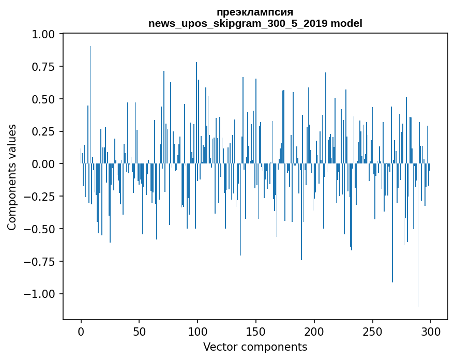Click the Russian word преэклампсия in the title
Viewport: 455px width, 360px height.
click(x=255, y=12)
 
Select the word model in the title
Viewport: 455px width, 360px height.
click(x=346, y=23)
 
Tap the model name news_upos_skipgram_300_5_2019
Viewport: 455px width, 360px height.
click(x=238, y=24)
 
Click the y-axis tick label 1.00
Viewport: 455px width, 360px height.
click(x=43, y=34)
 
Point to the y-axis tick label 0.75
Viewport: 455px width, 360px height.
click(x=43, y=67)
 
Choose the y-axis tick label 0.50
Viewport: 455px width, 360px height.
click(x=43, y=99)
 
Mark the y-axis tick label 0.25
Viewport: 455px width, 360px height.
click(x=43, y=131)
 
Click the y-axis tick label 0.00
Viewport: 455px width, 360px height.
click(x=43, y=164)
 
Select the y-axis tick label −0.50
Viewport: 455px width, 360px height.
click(x=39, y=229)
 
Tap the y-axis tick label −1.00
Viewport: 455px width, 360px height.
click(x=39, y=294)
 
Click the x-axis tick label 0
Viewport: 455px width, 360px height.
click(x=81, y=332)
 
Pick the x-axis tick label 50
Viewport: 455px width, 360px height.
click(x=139, y=332)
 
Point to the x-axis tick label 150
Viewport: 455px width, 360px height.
click(x=255, y=332)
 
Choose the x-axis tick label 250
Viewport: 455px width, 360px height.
click(x=372, y=332)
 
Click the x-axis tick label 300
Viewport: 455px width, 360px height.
click(x=431, y=332)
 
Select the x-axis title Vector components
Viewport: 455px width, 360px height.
click(x=255, y=347)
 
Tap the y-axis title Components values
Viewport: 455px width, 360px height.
click(x=11, y=177)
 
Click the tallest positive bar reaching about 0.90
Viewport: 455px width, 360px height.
click(x=90, y=105)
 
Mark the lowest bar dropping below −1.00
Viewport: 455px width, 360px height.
click(x=418, y=235)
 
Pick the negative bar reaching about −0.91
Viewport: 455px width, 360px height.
click(x=392, y=223)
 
